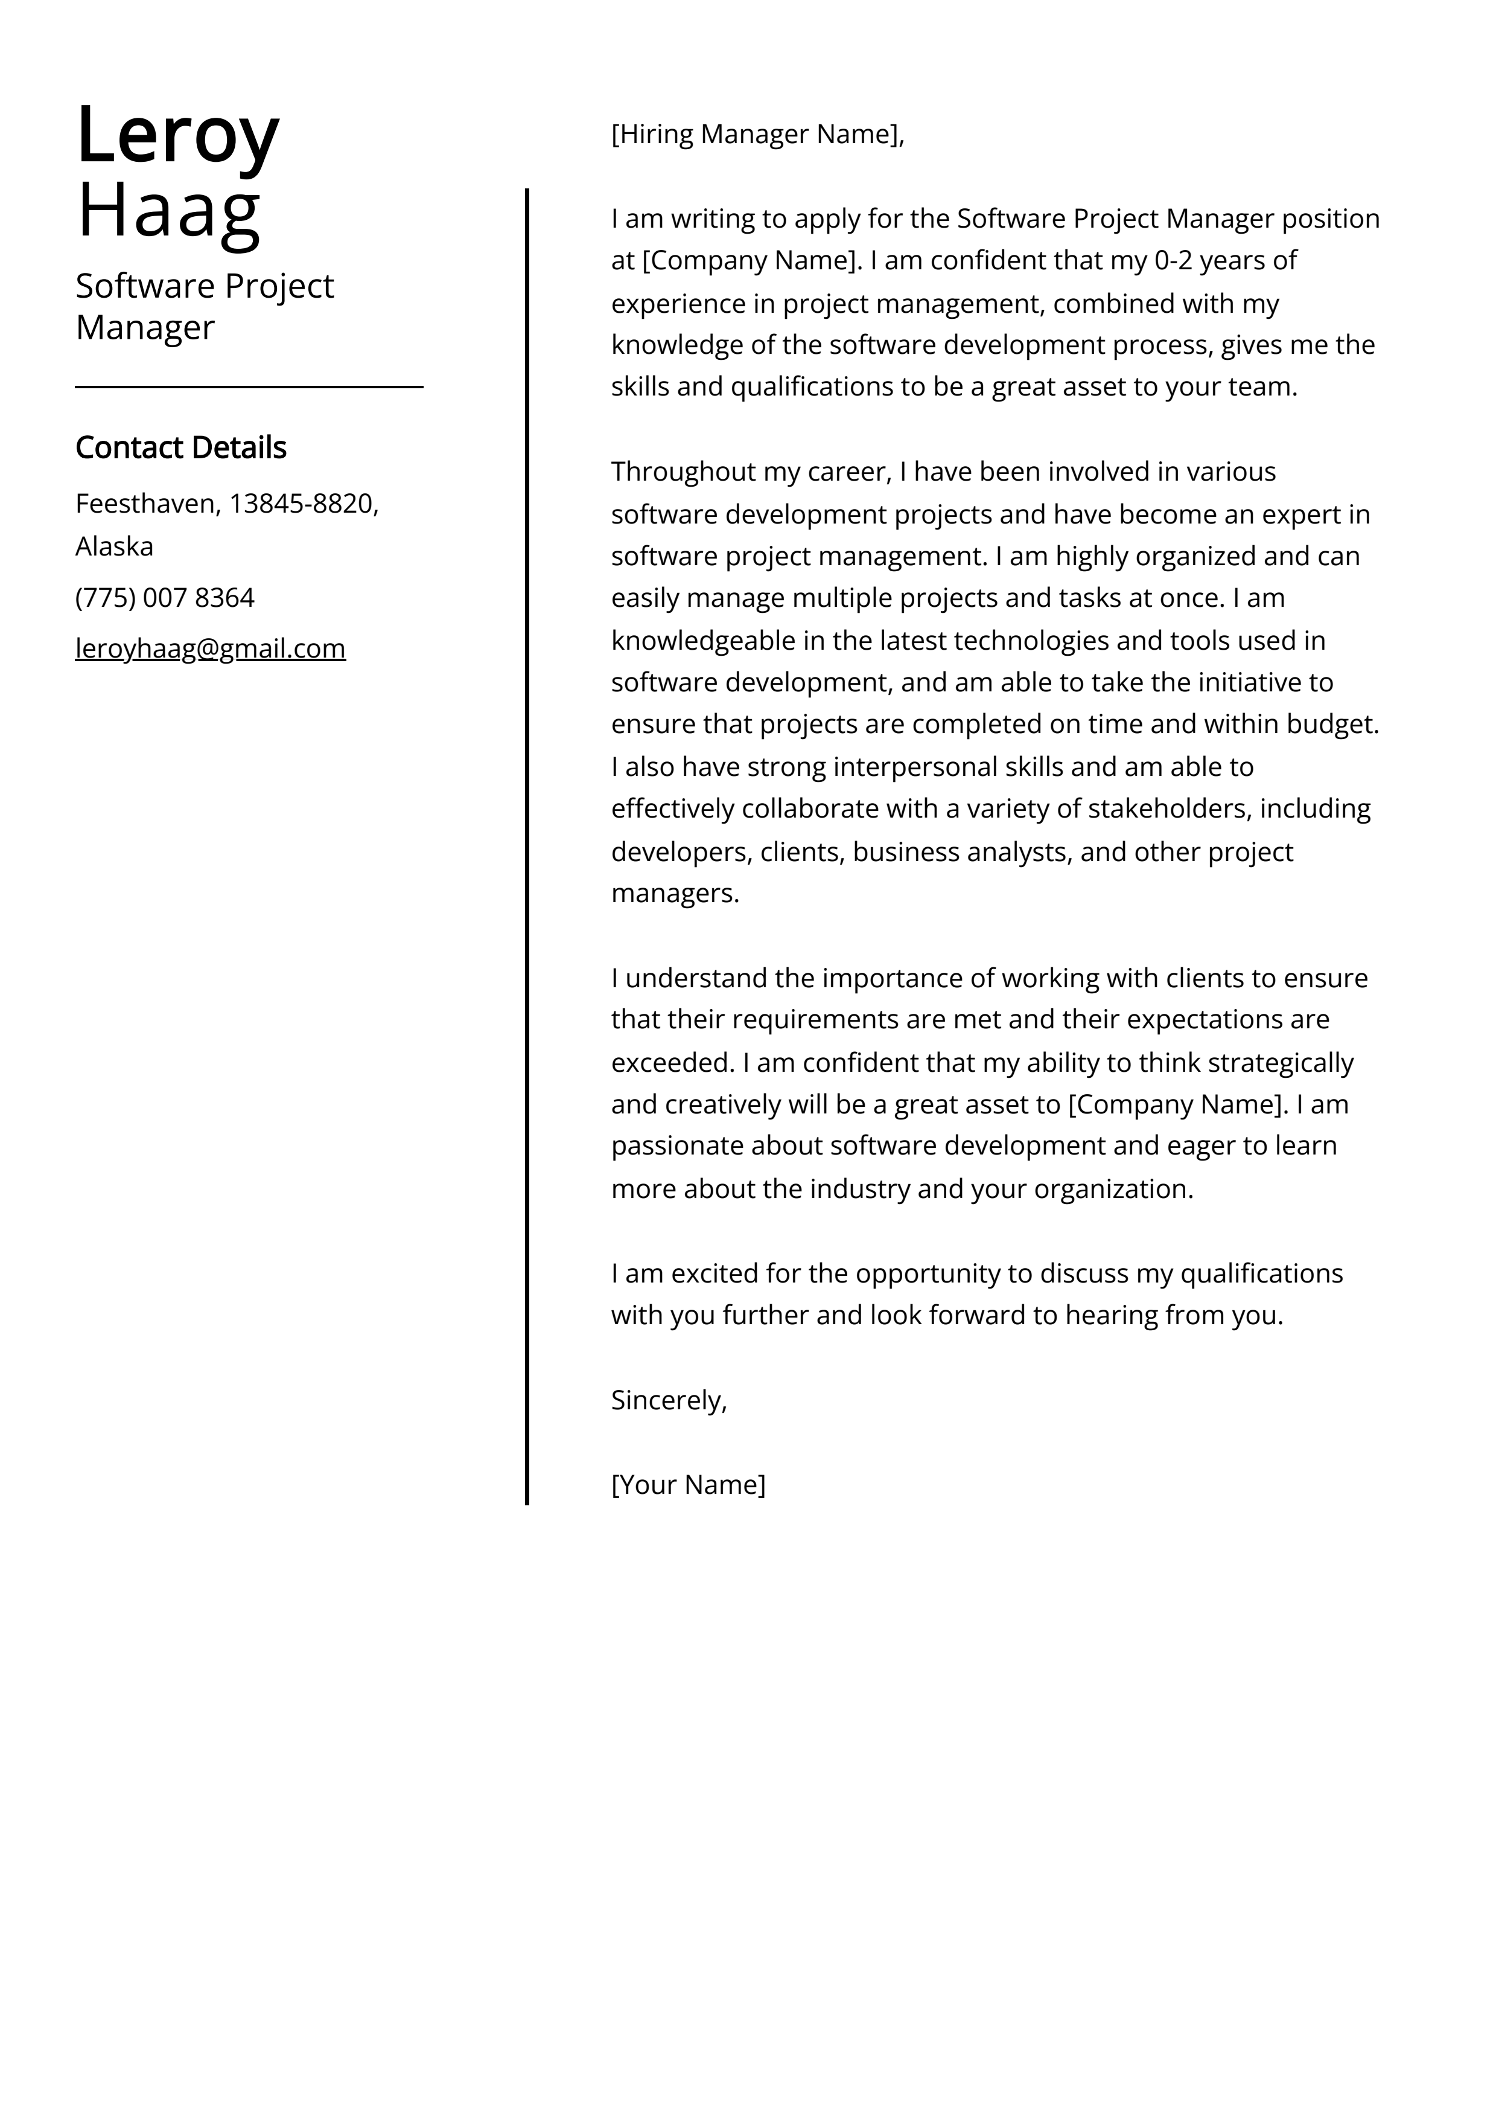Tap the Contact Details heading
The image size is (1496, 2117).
pos(180,447)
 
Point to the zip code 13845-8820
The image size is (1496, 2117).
pos(304,504)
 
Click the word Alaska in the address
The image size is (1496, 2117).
pos(114,547)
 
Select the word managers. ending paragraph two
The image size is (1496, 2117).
pos(675,894)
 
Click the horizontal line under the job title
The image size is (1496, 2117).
pos(249,387)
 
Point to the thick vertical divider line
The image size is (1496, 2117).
pos(527,830)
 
